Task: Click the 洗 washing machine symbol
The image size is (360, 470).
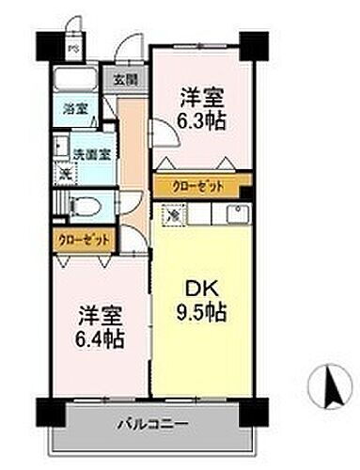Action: [x=65, y=171]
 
